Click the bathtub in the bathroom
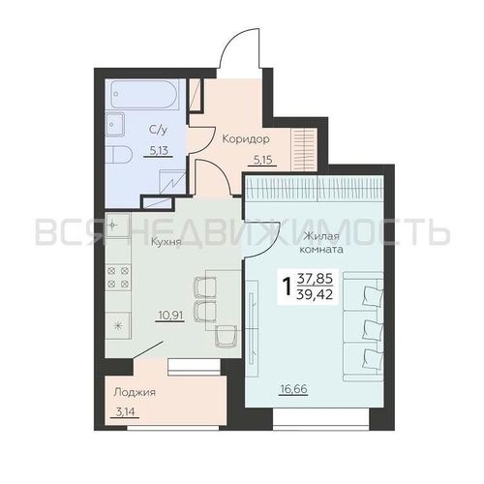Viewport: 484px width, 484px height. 144,94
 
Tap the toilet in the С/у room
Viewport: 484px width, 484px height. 118,156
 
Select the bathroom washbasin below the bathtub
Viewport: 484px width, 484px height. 115,125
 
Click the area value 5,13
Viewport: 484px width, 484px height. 160,150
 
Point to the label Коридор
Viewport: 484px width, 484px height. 246,139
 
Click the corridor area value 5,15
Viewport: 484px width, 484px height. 262,161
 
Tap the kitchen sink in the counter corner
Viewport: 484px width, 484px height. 118,225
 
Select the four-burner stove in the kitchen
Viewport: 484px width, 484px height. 118,278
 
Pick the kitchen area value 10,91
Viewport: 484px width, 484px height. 171,315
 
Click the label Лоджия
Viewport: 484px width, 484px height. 135,392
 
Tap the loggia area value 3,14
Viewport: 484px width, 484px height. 125,411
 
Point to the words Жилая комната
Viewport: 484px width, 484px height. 321,243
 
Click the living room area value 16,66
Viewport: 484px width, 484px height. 294,389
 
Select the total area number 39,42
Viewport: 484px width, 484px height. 316,294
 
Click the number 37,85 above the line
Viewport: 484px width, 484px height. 315,278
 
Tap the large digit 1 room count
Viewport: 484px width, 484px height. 287,287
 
